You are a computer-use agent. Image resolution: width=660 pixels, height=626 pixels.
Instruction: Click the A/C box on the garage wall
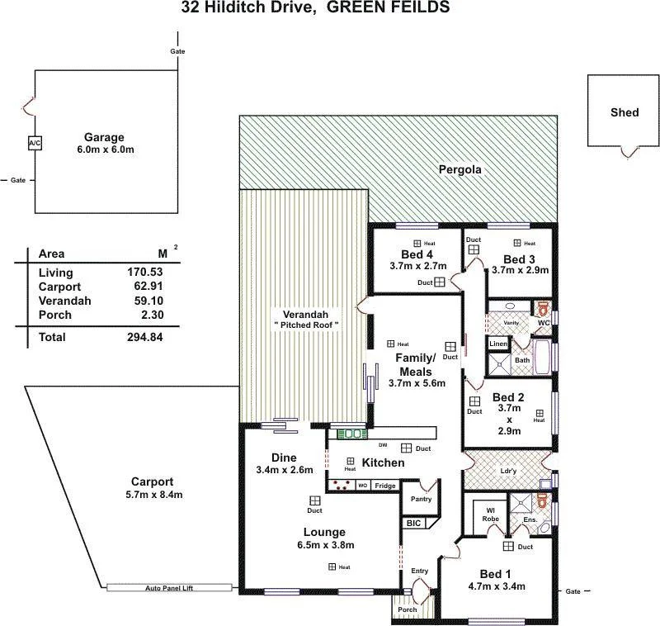(x=35, y=144)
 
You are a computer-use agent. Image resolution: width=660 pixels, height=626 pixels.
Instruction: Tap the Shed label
(x=625, y=112)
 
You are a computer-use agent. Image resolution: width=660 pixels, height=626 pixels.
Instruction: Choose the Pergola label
(x=460, y=170)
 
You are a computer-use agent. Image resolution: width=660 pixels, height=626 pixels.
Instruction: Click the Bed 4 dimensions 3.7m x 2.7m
(x=417, y=267)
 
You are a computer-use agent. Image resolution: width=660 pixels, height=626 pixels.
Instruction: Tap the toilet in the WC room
(x=543, y=309)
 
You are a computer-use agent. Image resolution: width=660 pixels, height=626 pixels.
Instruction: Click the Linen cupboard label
(x=498, y=344)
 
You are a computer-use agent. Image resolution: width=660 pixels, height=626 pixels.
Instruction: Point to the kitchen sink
(x=353, y=433)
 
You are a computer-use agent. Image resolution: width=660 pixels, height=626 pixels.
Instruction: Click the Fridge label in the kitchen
(x=385, y=486)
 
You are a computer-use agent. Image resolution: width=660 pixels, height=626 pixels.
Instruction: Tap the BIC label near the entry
(x=412, y=524)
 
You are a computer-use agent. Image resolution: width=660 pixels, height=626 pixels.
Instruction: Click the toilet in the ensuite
(x=542, y=501)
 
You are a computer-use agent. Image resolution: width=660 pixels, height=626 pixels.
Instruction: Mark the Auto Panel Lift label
(x=170, y=588)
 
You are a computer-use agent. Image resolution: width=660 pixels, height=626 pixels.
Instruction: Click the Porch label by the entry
(x=408, y=609)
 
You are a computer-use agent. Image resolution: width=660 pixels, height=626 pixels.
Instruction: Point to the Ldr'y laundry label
(x=508, y=472)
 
